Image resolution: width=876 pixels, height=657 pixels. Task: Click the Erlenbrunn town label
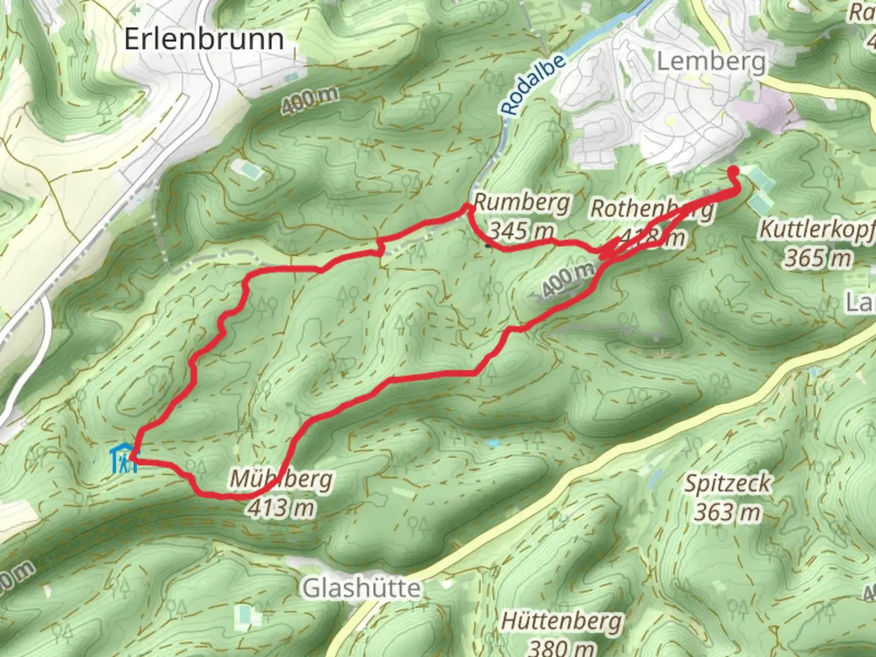coord(204,39)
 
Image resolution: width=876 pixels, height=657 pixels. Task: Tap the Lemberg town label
coord(711,61)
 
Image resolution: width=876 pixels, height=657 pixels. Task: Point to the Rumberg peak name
coord(522,203)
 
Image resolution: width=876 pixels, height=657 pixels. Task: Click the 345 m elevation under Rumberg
coord(522,231)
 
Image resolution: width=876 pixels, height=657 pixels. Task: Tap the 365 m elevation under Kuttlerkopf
coord(817,258)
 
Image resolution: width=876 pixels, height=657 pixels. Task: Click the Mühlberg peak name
coord(281,479)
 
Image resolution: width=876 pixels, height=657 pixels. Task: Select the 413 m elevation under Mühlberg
coord(281,507)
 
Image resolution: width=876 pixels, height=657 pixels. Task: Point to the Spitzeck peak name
coord(728,484)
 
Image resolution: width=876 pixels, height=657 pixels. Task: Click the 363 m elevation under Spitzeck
coord(728,512)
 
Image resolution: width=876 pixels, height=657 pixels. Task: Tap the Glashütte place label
coord(361,588)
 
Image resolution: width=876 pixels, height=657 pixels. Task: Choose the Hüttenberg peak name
coord(561,622)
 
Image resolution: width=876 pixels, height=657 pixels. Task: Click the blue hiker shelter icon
coord(123,459)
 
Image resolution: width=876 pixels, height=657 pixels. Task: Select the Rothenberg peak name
coord(651,209)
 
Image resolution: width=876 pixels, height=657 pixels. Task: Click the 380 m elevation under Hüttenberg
coord(561,647)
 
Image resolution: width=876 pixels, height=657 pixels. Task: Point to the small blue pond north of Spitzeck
coord(493,443)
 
